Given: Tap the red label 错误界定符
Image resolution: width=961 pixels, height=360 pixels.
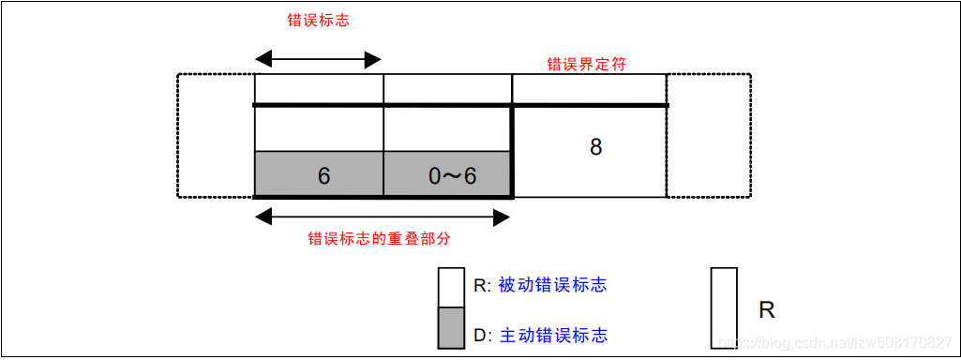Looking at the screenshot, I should [x=586, y=65].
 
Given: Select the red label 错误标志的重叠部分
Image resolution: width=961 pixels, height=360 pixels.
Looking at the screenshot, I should [x=380, y=238].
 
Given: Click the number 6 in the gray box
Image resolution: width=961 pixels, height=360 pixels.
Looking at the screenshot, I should [x=323, y=175].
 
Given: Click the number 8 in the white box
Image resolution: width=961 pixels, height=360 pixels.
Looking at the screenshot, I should [x=595, y=147].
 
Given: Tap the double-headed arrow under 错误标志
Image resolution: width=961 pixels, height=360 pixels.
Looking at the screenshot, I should [x=319, y=59].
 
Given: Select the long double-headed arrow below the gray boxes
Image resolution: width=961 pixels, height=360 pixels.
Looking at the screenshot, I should [x=383, y=217].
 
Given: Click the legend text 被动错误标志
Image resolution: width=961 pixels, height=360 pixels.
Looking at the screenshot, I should [x=552, y=285].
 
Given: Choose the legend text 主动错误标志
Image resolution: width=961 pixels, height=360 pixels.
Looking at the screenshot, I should [x=552, y=335].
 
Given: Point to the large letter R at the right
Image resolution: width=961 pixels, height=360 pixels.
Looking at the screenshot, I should [x=766, y=310].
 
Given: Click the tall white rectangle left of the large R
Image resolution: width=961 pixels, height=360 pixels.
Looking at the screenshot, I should [x=723, y=307].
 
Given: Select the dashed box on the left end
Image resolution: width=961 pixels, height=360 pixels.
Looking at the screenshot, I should [x=216, y=136].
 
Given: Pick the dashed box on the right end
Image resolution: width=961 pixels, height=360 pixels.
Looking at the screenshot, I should [x=709, y=136].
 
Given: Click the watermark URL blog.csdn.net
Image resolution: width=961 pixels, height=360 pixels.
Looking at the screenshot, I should [x=833, y=343].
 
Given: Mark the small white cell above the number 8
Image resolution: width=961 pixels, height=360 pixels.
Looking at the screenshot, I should [x=589, y=89].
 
